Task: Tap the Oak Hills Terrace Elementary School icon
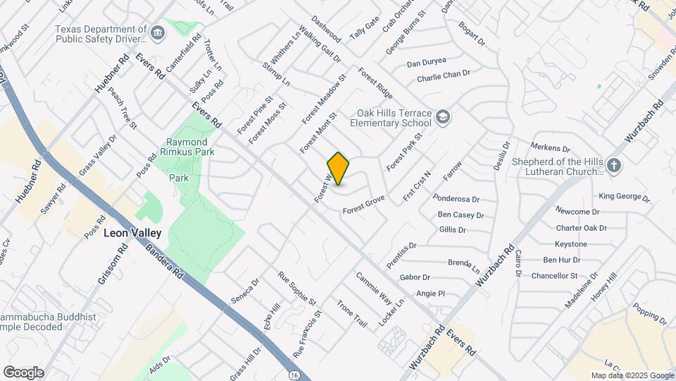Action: click(x=443, y=116)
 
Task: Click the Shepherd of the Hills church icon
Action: click(x=614, y=166)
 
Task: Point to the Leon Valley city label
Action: click(x=132, y=233)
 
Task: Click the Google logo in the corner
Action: click(x=23, y=372)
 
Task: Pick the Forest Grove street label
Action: click(x=363, y=206)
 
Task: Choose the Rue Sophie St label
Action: click(x=296, y=289)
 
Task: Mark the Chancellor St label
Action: click(x=554, y=275)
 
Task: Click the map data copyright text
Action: click(x=632, y=375)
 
